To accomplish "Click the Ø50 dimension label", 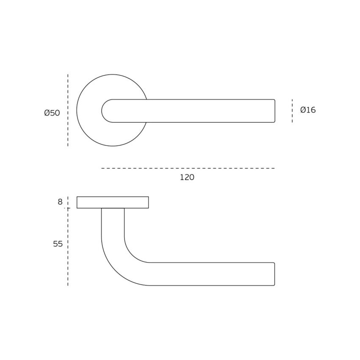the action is coord(52,113).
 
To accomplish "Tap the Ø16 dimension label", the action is coord(308,110).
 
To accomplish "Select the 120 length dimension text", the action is coord(187,177).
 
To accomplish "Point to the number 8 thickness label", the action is coord(60,202).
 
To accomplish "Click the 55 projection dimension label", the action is coord(58,244).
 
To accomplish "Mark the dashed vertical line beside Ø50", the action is coord(68,110).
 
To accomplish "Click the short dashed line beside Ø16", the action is coord(292,111).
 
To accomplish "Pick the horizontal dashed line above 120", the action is coord(188,168).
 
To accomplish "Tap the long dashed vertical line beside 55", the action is coord(68,247).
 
